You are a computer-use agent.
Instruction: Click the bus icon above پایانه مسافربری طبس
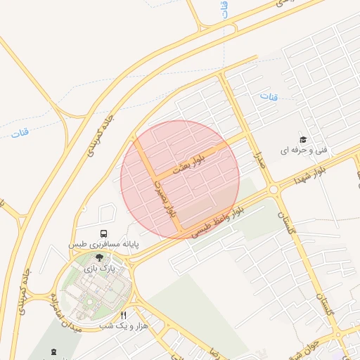[x=104, y=233]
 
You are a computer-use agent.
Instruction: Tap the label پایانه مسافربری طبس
[x=103, y=244]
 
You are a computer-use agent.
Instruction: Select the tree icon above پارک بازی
[x=98, y=258]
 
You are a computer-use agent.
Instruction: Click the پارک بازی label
[x=98, y=269]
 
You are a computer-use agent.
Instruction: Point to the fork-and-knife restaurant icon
[x=124, y=316]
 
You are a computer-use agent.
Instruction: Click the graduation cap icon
[x=303, y=140]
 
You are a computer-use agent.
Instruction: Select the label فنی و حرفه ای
[x=304, y=150]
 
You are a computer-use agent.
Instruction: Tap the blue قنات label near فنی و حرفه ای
[x=268, y=96]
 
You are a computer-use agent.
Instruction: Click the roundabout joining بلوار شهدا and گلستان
[x=273, y=189]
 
